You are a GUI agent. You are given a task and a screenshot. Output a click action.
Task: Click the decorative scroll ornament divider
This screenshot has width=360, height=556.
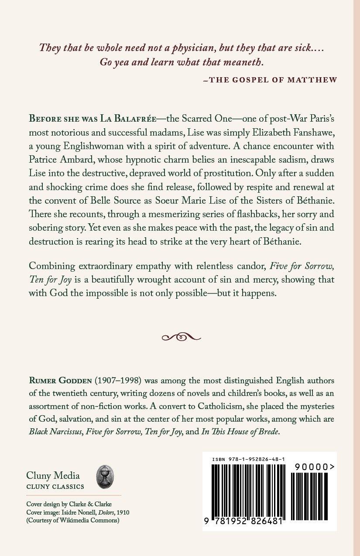(x=181, y=337)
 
